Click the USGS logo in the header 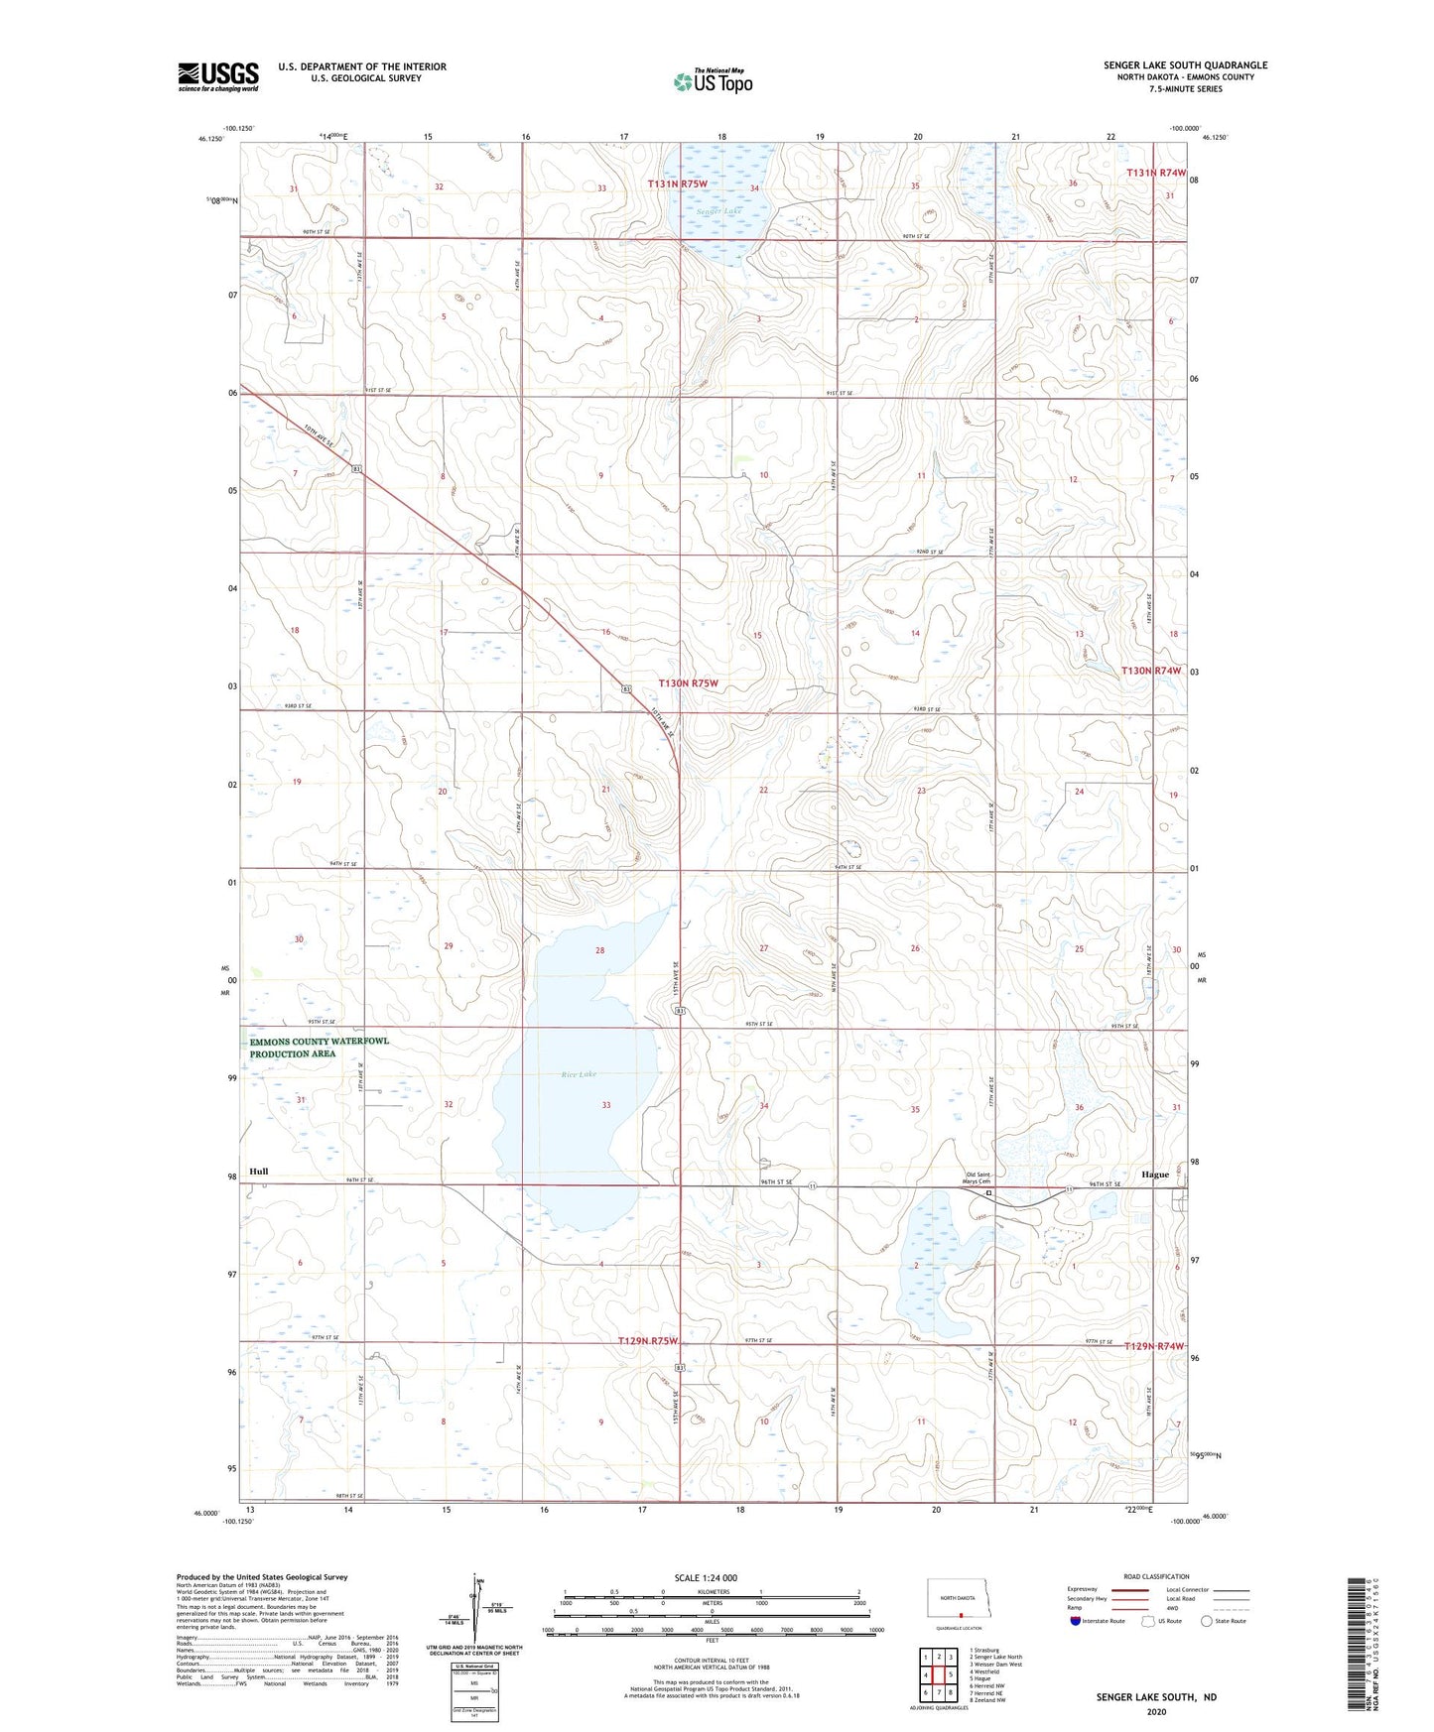click(x=217, y=76)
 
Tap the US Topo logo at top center click(x=712, y=81)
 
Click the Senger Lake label click(x=718, y=211)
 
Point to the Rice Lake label click(x=579, y=1074)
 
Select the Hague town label click(x=1155, y=1174)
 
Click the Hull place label click(x=259, y=1171)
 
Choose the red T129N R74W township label click(x=1154, y=1346)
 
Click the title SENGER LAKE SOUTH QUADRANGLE click(x=1185, y=65)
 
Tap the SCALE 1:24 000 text click(x=705, y=1577)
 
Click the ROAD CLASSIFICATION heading click(x=1156, y=1576)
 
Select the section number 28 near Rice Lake click(x=599, y=950)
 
